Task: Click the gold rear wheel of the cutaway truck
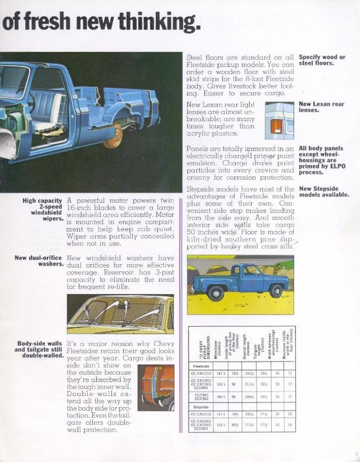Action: pos(114,136)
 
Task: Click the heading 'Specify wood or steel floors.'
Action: pos(322,60)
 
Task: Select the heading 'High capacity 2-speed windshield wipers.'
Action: pos(42,210)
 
